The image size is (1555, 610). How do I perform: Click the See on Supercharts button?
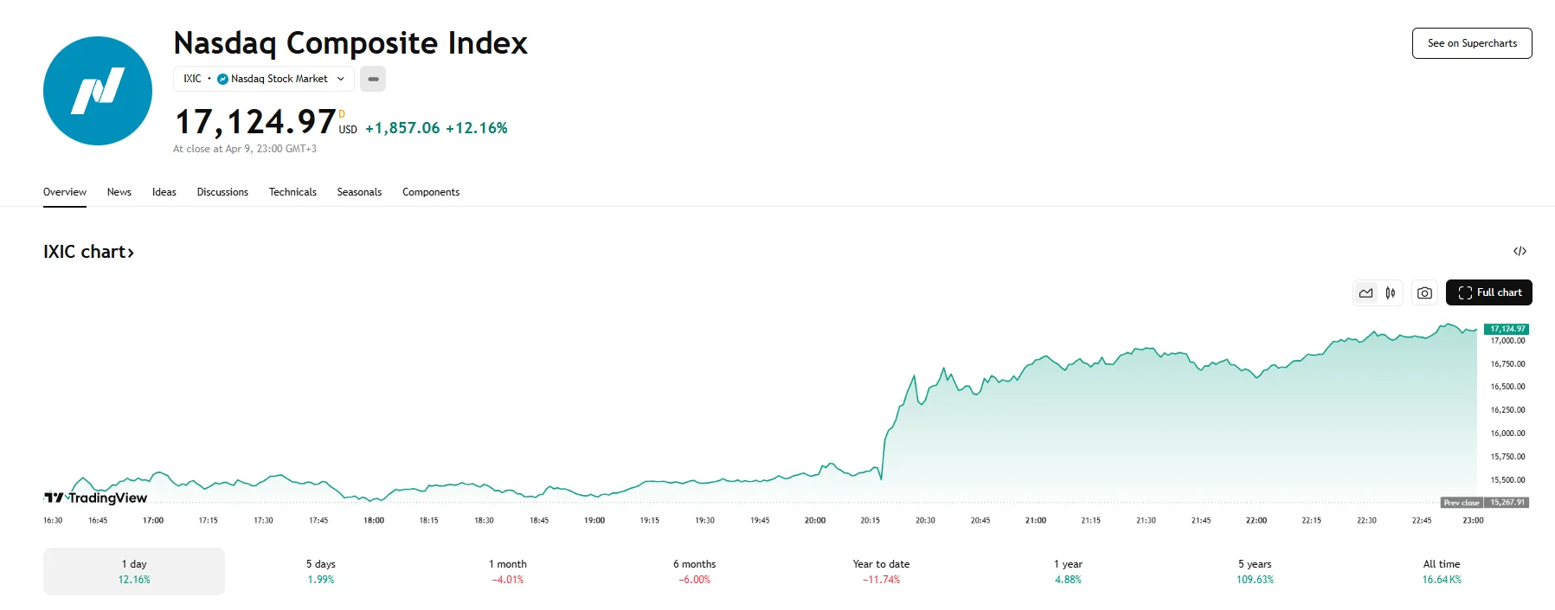[x=1471, y=43]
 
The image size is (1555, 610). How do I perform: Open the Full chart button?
[x=1488, y=292]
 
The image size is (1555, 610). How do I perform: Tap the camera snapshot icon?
[x=1424, y=293]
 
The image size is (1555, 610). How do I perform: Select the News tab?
[x=119, y=192]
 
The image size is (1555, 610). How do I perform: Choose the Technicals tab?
[x=292, y=192]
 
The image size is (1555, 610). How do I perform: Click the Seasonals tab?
[x=359, y=192]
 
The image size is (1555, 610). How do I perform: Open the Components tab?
[x=431, y=192]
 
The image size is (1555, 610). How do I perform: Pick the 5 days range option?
[x=321, y=571]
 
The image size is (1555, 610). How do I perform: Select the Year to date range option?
[x=881, y=571]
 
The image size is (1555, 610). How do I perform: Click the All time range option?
[x=1441, y=571]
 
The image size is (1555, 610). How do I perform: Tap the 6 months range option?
[x=694, y=571]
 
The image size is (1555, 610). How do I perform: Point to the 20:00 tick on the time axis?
[x=815, y=520]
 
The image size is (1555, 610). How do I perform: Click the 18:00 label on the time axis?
[x=374, y=520]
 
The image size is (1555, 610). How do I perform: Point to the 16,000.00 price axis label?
[x=1507, y=433]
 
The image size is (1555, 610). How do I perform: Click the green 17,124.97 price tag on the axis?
[x=1507, y=329]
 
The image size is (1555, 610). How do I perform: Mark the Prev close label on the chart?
[x=1462, y=503]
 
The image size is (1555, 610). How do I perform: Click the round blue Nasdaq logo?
[x=98, y=91]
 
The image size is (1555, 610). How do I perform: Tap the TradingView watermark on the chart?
[x=96, y=498]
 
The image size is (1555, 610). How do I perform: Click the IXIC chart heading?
[x=88, y=252]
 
